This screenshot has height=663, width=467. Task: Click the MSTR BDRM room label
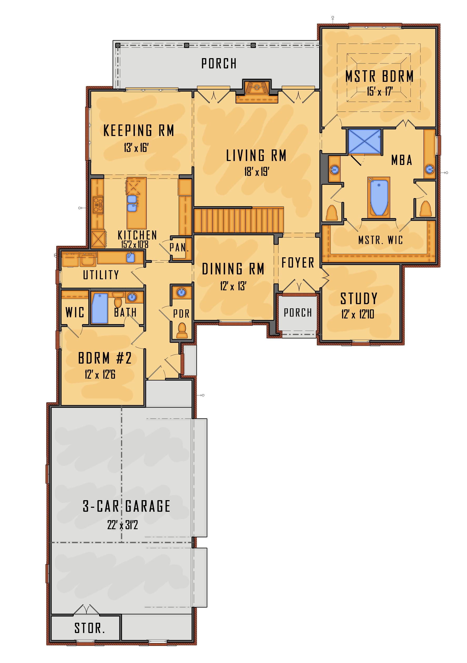(379, 76)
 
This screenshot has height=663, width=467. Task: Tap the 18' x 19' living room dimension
(257, 172)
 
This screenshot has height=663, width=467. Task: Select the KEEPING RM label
(139, 130)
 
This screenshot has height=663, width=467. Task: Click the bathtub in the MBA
(379, 198)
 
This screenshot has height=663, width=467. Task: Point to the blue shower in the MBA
(364, 142)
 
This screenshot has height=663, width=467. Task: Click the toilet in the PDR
(182, 331)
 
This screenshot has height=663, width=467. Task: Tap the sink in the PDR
(181, 292)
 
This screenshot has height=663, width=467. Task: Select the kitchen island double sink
(132, 203)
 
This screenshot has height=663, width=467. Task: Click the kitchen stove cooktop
(98, 205)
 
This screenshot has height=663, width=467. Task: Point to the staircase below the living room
(239, 220)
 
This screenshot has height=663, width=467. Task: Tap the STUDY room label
(359, 299)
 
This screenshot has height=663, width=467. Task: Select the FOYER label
(298, 263)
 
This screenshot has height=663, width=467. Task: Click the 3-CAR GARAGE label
(126, 506)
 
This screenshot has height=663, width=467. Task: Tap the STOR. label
(89, 628)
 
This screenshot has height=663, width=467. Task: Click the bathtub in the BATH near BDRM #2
(100, 308)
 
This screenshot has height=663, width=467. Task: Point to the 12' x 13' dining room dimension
(233, 286)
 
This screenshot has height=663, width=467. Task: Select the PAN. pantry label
(179, 248)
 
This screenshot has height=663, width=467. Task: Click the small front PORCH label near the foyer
(298, 313)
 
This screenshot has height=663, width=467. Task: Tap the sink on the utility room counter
(131, 257)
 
